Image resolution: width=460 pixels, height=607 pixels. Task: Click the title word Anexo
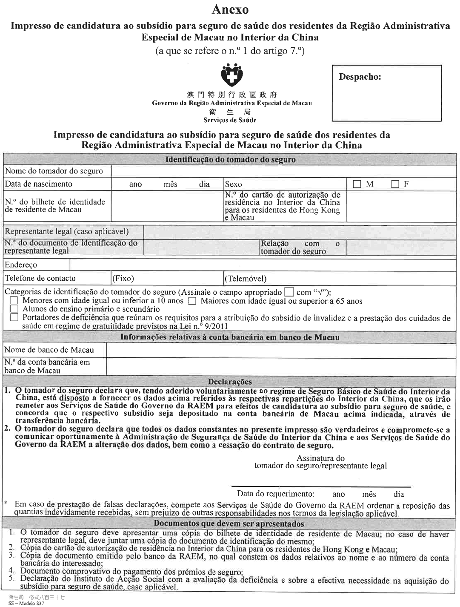(230, 9)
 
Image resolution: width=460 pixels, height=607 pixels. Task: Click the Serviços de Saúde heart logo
(231, 75)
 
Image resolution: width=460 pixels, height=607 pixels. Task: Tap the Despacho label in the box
(360, 77)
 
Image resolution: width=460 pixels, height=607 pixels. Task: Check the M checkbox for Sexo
(357, 184)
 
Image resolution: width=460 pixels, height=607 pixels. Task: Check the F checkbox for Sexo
(395, 184)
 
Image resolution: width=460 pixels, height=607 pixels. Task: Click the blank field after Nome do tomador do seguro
(283, 171)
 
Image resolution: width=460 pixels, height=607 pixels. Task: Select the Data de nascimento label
(39, 184)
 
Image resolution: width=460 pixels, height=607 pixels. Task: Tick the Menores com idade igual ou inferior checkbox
(14, 301)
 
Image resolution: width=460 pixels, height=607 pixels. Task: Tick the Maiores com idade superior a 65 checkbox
(192, 301)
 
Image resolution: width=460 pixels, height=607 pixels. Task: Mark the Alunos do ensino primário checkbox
(14, 309)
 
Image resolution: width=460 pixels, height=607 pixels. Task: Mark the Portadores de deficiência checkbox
(14, 317)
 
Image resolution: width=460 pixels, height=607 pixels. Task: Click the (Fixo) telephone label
(123, 279)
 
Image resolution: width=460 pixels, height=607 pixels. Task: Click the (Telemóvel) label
(246, 279)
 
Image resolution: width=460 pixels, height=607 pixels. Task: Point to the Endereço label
(21, 265)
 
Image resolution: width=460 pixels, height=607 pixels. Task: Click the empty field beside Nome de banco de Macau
(281, 350)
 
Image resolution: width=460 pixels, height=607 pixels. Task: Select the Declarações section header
(230, 382)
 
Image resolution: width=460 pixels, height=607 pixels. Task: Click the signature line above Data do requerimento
(321, 486)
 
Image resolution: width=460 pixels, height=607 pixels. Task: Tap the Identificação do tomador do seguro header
(230, 160)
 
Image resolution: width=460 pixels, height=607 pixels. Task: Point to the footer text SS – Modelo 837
(26, 604)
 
